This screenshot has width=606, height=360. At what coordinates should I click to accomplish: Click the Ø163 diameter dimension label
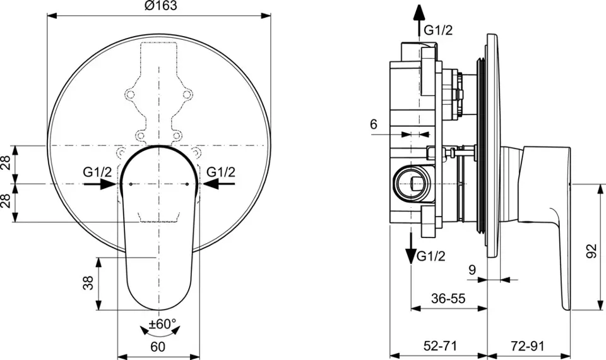pyautogui.click(x=160, y=6)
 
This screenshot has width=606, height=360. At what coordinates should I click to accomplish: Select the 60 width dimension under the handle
pyautogui.click(x=158, y=347)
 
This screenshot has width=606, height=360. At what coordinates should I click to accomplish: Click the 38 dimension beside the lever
pyautogui.click(x=88, y=283)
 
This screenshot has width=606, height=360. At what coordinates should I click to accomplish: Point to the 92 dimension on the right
pyautogui.click(x=591, y=251)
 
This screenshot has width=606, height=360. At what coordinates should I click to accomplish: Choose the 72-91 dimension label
pyautogui.click(x=528, y=346)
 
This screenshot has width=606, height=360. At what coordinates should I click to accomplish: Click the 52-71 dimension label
pyautogui.click(x=440, y=346)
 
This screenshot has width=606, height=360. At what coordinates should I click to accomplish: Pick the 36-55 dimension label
pyautogui.click(x=448, y=299)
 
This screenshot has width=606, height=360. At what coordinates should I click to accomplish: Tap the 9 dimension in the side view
pyautogui.click(x=472, y=270)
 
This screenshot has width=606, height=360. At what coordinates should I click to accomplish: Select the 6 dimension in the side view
pyautogui.click(x=373, y=124)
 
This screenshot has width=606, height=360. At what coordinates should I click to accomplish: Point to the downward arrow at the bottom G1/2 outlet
pyautogui.click(x=411, y=249)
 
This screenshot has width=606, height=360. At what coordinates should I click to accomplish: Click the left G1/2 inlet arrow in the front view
pyautogui.click(x=100, y=184)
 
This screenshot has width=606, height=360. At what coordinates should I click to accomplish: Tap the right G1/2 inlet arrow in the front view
pyautogui.click(x=218, y=184)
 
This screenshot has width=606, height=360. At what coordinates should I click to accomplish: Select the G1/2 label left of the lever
pyautogui.click(x=97, y=172)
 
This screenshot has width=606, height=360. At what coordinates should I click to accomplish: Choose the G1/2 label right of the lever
pyautogui.click(x=221, y=172)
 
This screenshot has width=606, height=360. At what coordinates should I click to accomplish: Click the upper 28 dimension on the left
pyautogui.click(x=6, y=164)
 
